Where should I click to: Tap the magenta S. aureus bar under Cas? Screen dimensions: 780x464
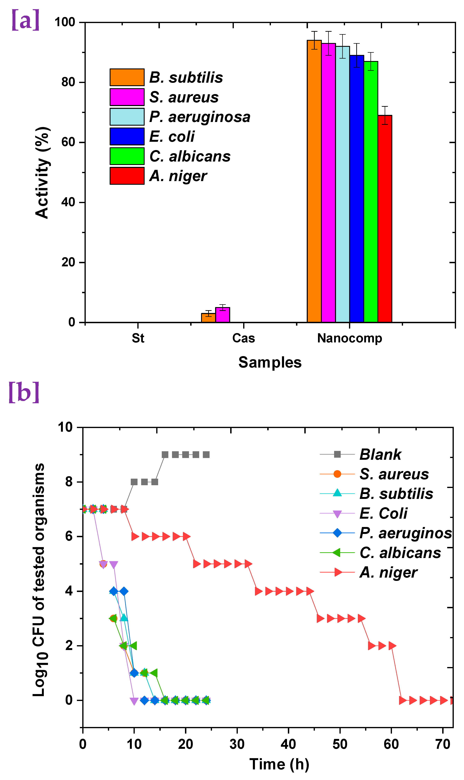pos(222,315)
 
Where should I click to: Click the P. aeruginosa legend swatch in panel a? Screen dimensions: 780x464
pos(127,117)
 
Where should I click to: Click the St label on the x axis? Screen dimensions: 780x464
pos(138,338)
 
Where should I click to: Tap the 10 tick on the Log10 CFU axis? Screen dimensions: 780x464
pos(65,427)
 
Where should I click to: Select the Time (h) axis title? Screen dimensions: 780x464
pos(279,764)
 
